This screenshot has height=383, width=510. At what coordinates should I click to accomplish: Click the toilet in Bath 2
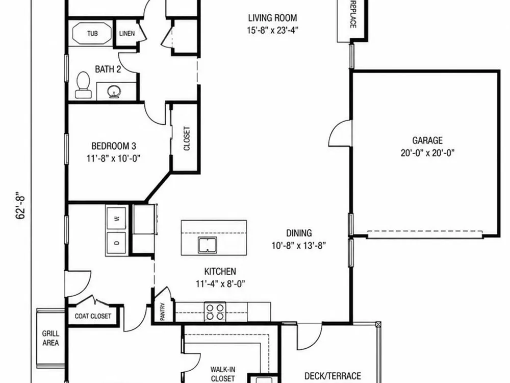pyautogui.click(x=83, y=85)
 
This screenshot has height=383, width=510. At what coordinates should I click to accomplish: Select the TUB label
pyautogui.click(x=92, y=33)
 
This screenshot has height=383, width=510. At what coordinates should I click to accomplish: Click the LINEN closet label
pyautogui.click(x=127, y=34)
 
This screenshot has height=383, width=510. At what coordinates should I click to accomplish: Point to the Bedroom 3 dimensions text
pyautogui.click(x=114, y=159)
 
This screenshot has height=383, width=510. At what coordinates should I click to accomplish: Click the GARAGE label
pyautogui.click(x=427, y=140)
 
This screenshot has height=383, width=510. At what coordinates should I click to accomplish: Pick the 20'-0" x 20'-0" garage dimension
pyautogui.click(x=427, y=153)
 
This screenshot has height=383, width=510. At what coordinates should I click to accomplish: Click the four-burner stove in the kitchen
pyautogui.click(x=215, y=312)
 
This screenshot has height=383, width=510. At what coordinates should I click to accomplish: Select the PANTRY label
pyautogui.click(x=163, y=312)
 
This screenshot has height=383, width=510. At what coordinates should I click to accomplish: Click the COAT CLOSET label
pyautogui.click(x=93, y=316)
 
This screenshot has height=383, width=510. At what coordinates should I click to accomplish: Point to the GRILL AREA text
pyautogui.click(x=50, y=338)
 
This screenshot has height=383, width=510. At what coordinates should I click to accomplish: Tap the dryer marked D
pyautogui.click(x=117, y=242)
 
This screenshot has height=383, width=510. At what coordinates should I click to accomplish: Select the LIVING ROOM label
pyautogui.click(x=272, y=17)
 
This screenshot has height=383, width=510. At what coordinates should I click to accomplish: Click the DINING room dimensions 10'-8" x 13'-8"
pyautogui.click(x=299, y=246)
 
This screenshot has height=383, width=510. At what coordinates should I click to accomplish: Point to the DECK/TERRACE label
pyautogui.click(x=333, y=376)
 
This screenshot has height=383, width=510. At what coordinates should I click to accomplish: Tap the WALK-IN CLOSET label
pyautogui.click(x=223, y=374)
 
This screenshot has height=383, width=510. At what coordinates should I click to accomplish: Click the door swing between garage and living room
pyautogui.click(x=340, y=133)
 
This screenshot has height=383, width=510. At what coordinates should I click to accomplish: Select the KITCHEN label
pyautogui.click(x=220, y=271)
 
